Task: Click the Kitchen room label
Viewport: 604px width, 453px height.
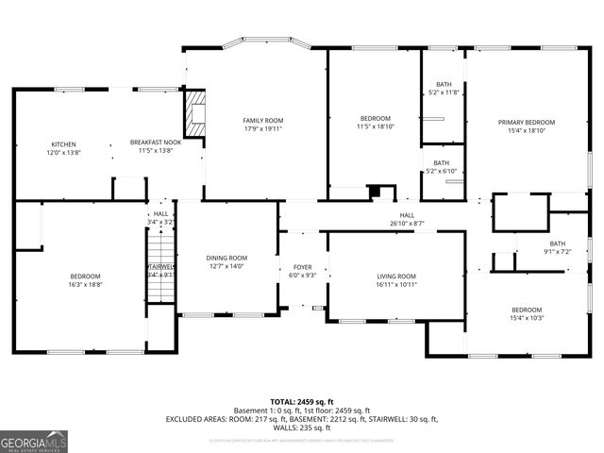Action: [x=63, y=144]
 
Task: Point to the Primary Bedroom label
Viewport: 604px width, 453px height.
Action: [x=527, y=122]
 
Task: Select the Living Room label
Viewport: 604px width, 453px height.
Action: [x=396, y=277]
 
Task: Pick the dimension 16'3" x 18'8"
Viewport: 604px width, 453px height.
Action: [x=85, y=284]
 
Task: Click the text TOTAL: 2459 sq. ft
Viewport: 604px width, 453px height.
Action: [x=302, y=401]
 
